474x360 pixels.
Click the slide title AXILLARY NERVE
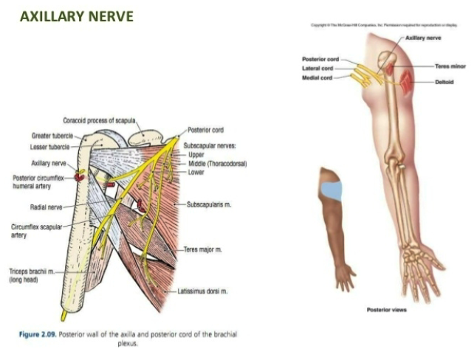[x=77, y=16]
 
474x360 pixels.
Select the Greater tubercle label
[x=51, y=136]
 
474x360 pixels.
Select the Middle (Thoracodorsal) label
[x=217, y=163]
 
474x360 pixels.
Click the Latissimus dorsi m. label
[x=202, y=291]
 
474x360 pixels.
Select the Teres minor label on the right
[x=448, y=66]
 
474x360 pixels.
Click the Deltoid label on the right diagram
[x=443, y=82]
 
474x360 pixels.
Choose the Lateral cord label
[x=317, y=69]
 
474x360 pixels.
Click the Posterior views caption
[x=386, y=310]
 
